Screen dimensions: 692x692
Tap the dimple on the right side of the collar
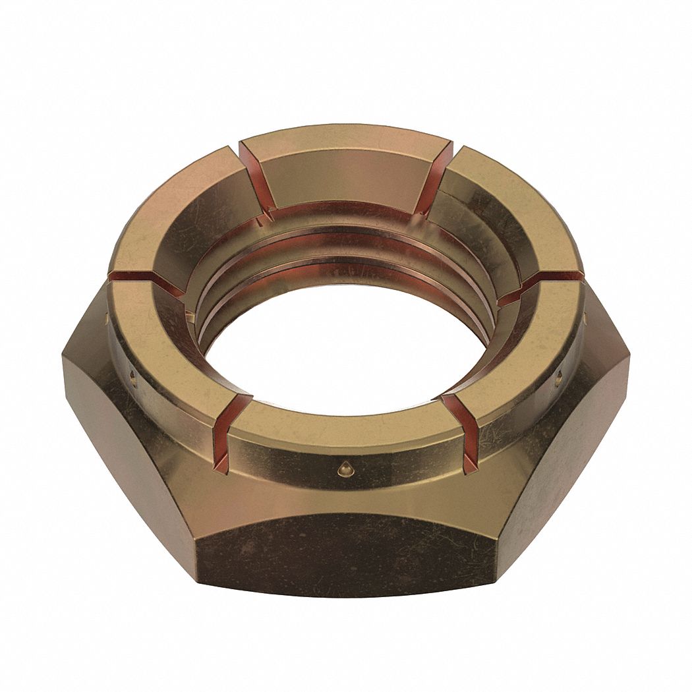559,378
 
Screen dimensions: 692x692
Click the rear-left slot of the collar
257,178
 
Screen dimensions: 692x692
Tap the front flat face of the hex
346,554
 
